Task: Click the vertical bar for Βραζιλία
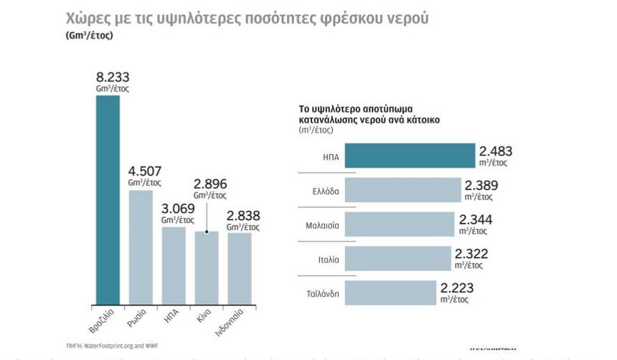pos(108,199)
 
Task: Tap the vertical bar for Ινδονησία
pos(240,267)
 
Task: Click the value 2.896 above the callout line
pos(210,184)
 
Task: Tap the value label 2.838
pos(243,215)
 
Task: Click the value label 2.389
pos(483,185)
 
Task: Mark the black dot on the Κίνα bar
pos(207,232)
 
